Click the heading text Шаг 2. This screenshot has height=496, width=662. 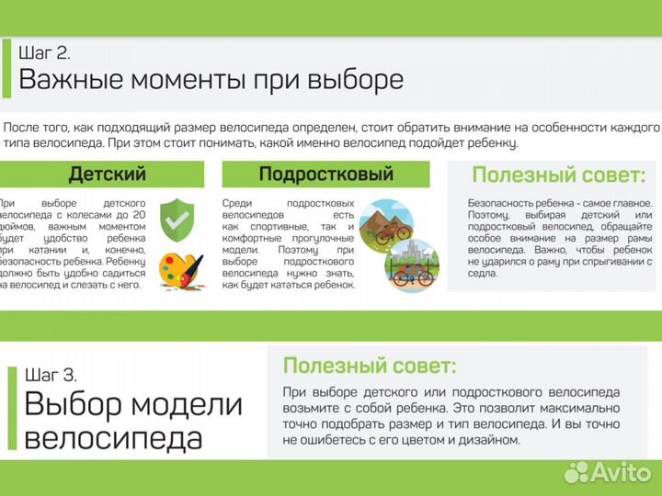(44, 52)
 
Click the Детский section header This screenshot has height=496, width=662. (108, 174)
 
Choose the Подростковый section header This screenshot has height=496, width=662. (325, 174)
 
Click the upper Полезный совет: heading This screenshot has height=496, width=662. (558, 175)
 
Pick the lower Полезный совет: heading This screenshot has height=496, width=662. (369, 366)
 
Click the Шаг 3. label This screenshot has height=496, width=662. (51, 375)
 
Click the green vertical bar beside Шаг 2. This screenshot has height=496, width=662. (7, 67)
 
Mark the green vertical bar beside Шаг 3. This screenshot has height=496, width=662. (13, 409)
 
